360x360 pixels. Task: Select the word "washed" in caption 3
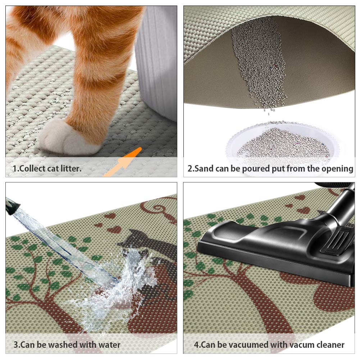(64, 345)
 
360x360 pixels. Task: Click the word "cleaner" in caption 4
(329, 345)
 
